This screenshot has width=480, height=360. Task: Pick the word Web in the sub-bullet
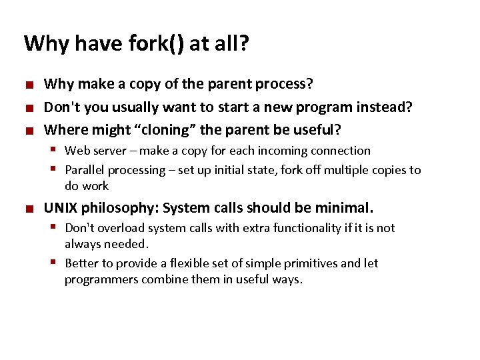click(76, 151)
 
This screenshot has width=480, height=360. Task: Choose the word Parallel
click(84, 170)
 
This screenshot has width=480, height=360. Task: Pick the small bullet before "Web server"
click(57, 151)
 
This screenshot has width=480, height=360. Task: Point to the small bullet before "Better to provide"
click(57, 263)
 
